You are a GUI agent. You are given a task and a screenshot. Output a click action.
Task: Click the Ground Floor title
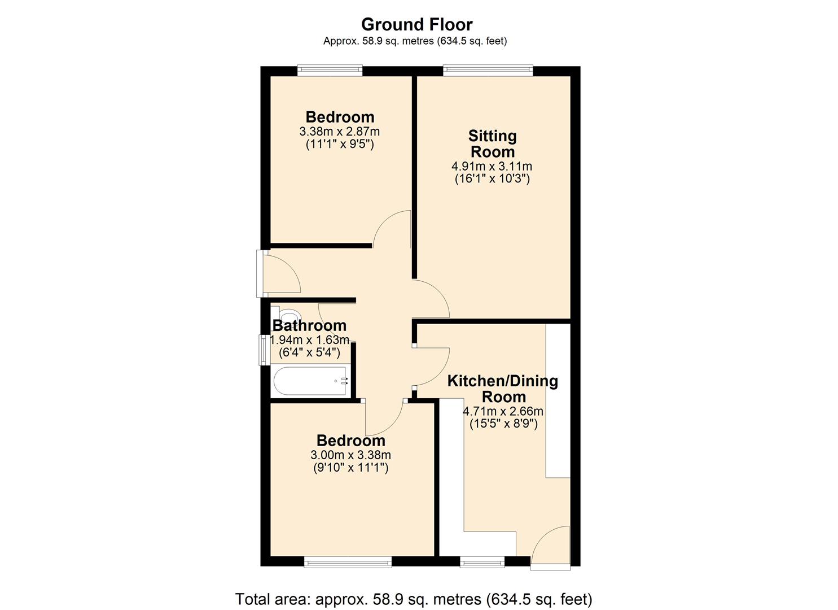[416, 24]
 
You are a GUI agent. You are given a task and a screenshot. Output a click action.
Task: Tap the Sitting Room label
[493, 143]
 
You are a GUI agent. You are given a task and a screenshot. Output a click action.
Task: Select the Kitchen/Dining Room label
[502, 389]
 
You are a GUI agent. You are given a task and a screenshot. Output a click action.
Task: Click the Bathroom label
[309, 325]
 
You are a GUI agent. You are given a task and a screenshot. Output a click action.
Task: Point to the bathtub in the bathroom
[310, 381]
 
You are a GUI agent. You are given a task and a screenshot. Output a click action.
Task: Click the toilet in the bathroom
[288, 315]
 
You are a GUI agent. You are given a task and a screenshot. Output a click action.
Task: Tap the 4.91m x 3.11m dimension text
[492, 167]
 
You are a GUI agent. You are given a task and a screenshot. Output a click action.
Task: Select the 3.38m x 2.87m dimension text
[339, 132]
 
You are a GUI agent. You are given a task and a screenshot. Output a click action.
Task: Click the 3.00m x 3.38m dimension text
[350, 455]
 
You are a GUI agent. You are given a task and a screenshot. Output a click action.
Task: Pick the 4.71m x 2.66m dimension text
[503, 411]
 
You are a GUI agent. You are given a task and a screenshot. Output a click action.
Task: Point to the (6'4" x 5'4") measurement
[309, 353]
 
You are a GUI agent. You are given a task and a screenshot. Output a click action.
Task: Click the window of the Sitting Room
[488, 70]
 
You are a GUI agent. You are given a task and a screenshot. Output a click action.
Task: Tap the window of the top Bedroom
[330, 70]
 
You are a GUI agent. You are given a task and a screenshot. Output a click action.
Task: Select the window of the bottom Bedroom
[348, 561]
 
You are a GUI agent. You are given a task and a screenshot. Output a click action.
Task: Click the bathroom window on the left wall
[264, 350]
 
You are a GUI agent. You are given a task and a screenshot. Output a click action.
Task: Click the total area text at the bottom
[414, 599]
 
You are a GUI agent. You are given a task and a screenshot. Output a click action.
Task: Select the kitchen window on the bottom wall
[482, 561]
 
